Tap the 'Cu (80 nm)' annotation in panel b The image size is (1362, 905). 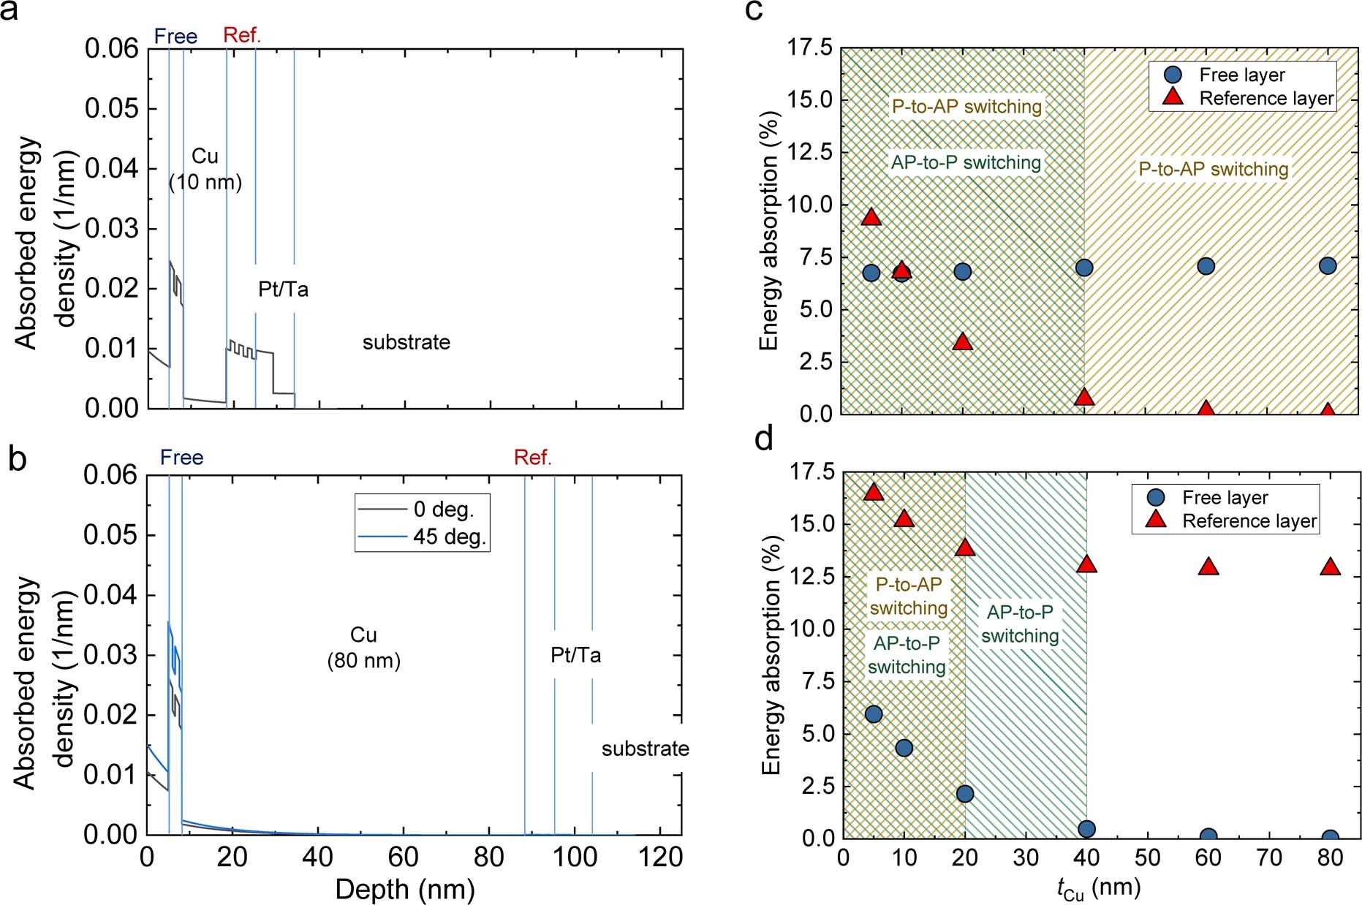[x=363, y=648]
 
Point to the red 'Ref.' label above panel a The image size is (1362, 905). [x=241, y=34]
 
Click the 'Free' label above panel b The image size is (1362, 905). [x=181, y=458]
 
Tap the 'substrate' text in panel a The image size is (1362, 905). [x=406, y=342]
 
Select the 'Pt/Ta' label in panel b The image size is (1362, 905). [x=575, y=655]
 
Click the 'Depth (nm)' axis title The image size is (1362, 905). [x=405, y=889]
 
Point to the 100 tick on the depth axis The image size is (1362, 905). [x=575, y=857]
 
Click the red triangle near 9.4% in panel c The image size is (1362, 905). [x=871, y=216]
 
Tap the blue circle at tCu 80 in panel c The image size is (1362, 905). [x=1328, y=266]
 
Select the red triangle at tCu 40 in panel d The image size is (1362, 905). [x=1086, y=564]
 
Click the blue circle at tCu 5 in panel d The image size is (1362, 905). [x=873, y=714]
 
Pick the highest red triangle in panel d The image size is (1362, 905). [x=874, y=492]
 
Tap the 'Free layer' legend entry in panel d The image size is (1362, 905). [x=1225, y=498]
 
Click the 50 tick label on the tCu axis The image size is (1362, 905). [x=1147, y=857]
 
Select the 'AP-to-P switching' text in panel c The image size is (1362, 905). [x=966, y=162]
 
